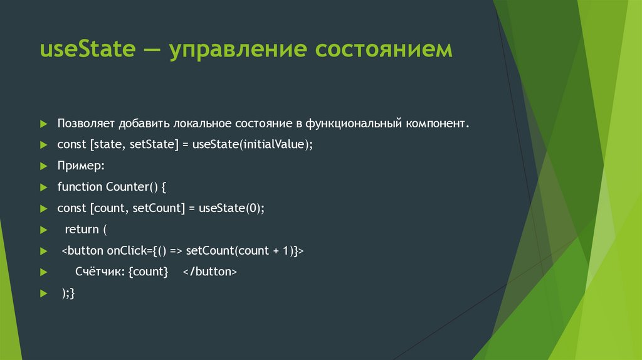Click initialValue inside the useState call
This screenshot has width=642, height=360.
point(270,144)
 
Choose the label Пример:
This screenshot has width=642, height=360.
point(81,166)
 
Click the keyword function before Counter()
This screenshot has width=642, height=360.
point(80,187)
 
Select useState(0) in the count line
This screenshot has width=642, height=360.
point(231,208)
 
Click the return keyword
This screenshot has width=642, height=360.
point(82,230)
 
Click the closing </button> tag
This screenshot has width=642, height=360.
point(210,272)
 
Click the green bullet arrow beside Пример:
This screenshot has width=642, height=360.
point(43,166)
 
